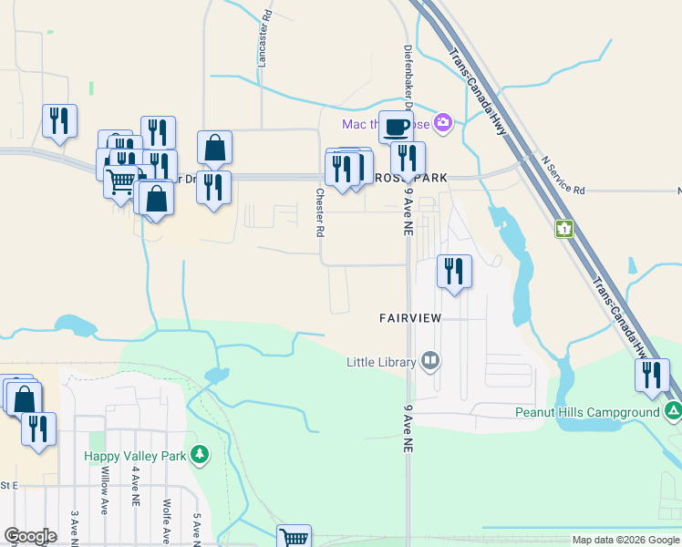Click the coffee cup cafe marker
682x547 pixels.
pos(396,126)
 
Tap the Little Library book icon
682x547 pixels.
pos(430,362)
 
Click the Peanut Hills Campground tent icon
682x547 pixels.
pos(673,412)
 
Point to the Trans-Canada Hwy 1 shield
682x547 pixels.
pos(564,228)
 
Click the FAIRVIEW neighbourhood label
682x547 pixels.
pos(410,317)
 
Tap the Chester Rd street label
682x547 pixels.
pos(320,212)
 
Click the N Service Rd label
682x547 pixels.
pos(563,176)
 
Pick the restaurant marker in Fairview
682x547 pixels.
pos(453,271)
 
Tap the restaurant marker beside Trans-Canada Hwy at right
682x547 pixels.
pos(652,374)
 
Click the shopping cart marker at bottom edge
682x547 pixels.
pos(294,538)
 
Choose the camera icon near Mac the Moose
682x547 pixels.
pos(443,122)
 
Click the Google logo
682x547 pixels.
pos(30,536)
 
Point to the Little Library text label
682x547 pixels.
pos(381,362)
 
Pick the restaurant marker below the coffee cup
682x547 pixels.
pos(408,159)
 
